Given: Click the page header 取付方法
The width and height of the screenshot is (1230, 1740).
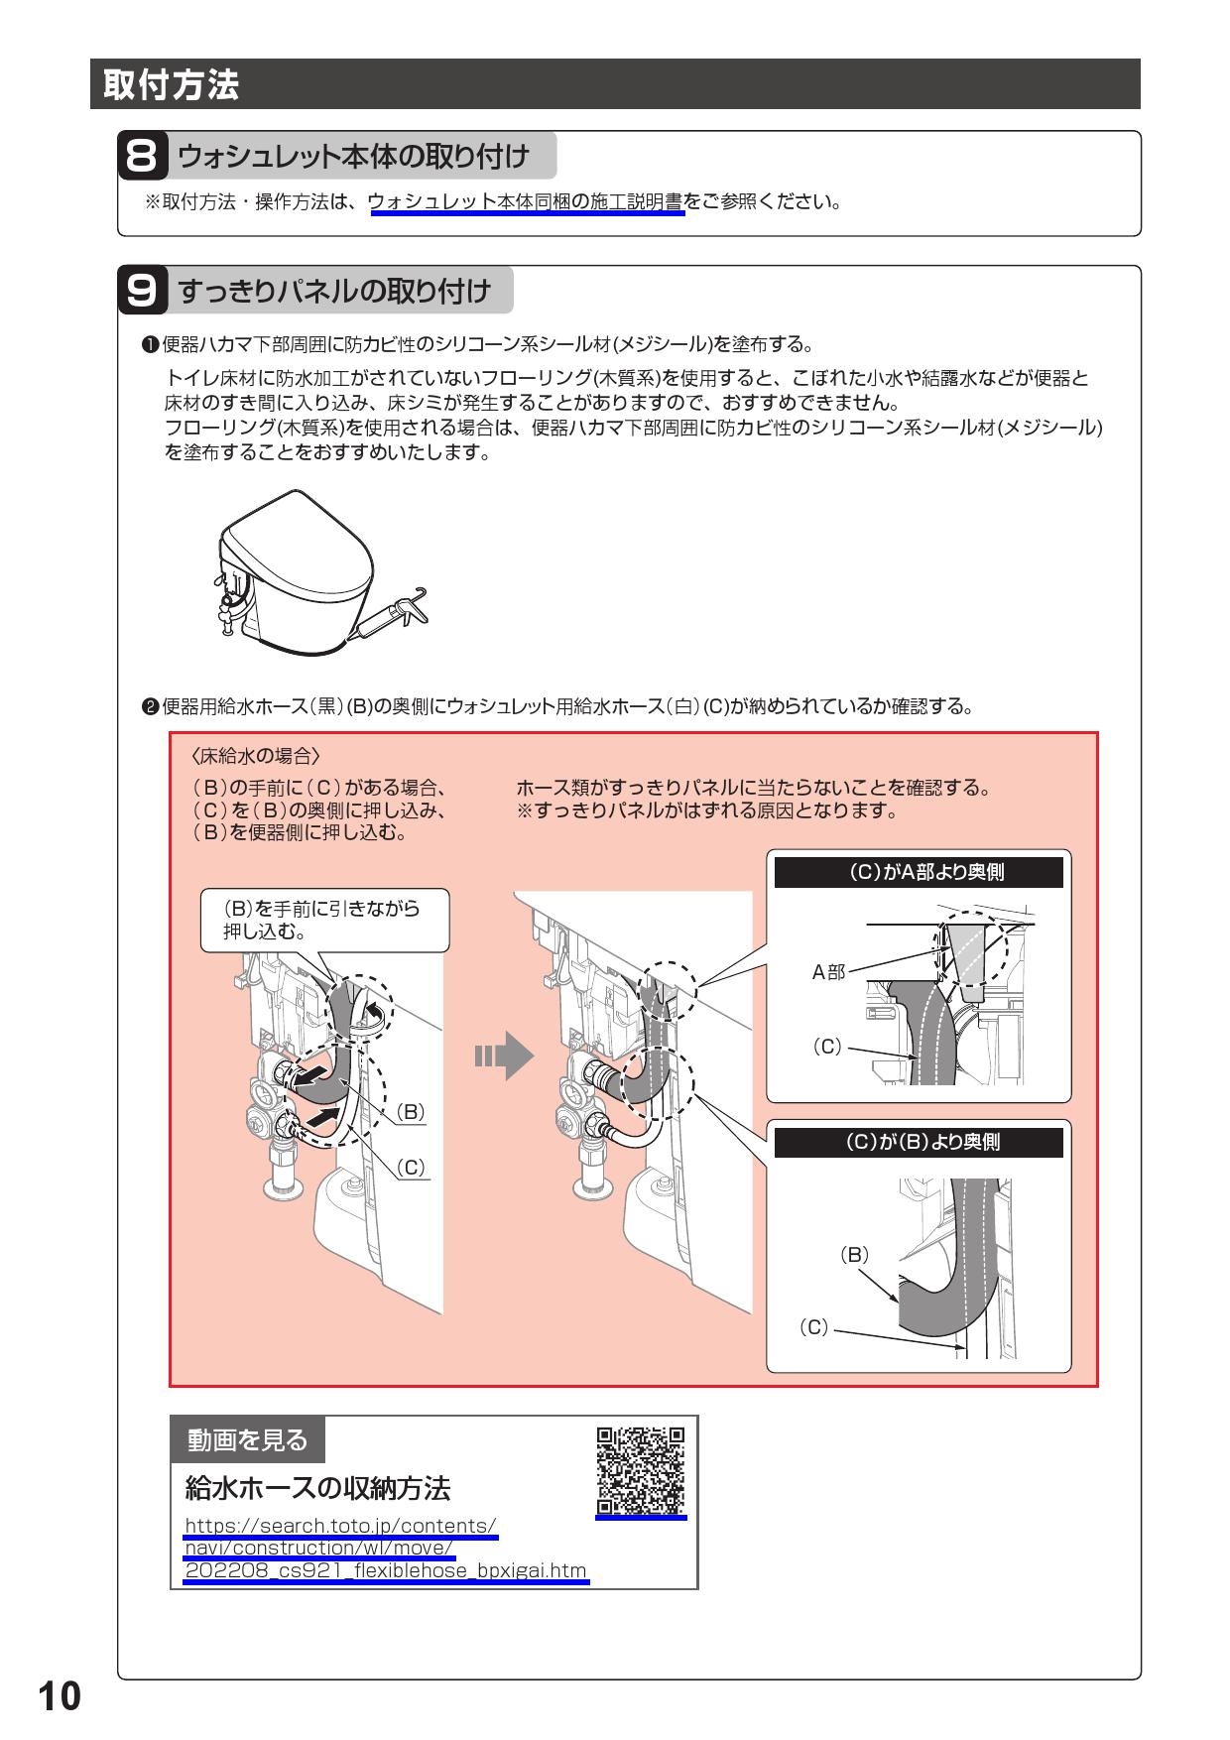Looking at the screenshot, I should tap(166, 85).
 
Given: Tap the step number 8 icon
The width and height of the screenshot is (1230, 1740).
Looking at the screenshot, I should tap(142, 157).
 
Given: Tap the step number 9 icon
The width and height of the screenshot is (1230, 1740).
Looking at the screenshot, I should tap(142, 291).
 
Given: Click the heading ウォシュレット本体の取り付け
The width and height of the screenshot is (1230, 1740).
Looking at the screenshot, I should tap(353, 157).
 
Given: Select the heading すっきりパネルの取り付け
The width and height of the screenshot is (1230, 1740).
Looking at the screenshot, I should tap(334, 291).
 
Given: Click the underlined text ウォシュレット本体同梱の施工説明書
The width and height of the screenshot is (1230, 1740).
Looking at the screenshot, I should tap(525, 202).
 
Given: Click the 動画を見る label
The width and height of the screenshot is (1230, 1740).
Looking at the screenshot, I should tap(247, 1438).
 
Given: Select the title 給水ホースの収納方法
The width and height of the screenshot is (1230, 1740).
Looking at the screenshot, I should tap(318, 1488).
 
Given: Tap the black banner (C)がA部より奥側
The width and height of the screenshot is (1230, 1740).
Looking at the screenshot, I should tap(919, 872).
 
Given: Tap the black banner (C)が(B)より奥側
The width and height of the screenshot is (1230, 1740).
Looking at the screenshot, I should tap(919, 1142).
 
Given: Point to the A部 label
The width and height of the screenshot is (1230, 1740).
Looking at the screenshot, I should tap(828, 972).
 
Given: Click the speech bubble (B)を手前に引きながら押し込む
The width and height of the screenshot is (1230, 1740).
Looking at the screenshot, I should tap(324, 920).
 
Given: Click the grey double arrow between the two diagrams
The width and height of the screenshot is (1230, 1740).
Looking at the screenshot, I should tap(504, 1055).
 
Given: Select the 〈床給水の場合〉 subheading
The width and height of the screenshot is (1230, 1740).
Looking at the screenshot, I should tap(255, 756).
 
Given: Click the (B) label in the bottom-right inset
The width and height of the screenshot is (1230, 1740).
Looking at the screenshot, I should tap(853, 1254).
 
